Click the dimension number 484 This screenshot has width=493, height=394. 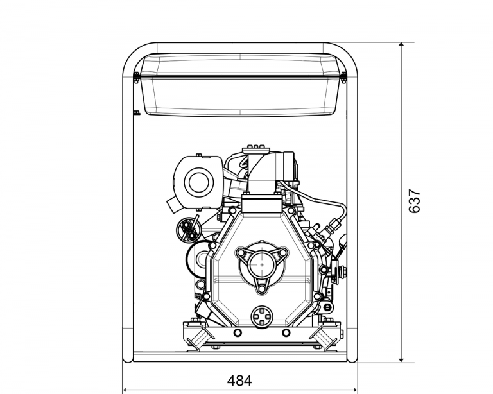(x=239, y=381)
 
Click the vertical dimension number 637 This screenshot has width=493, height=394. (x=415, y=201)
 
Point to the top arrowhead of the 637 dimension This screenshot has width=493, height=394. (x=401, y=46)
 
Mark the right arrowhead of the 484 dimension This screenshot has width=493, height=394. (x=354, y=390)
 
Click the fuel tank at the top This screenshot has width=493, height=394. (x=240, y=85)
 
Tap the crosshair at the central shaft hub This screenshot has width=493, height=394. (x=262, y=264)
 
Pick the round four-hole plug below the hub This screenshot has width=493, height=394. (x=262, y=316)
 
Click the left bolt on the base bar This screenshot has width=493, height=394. (x=238, y=332)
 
